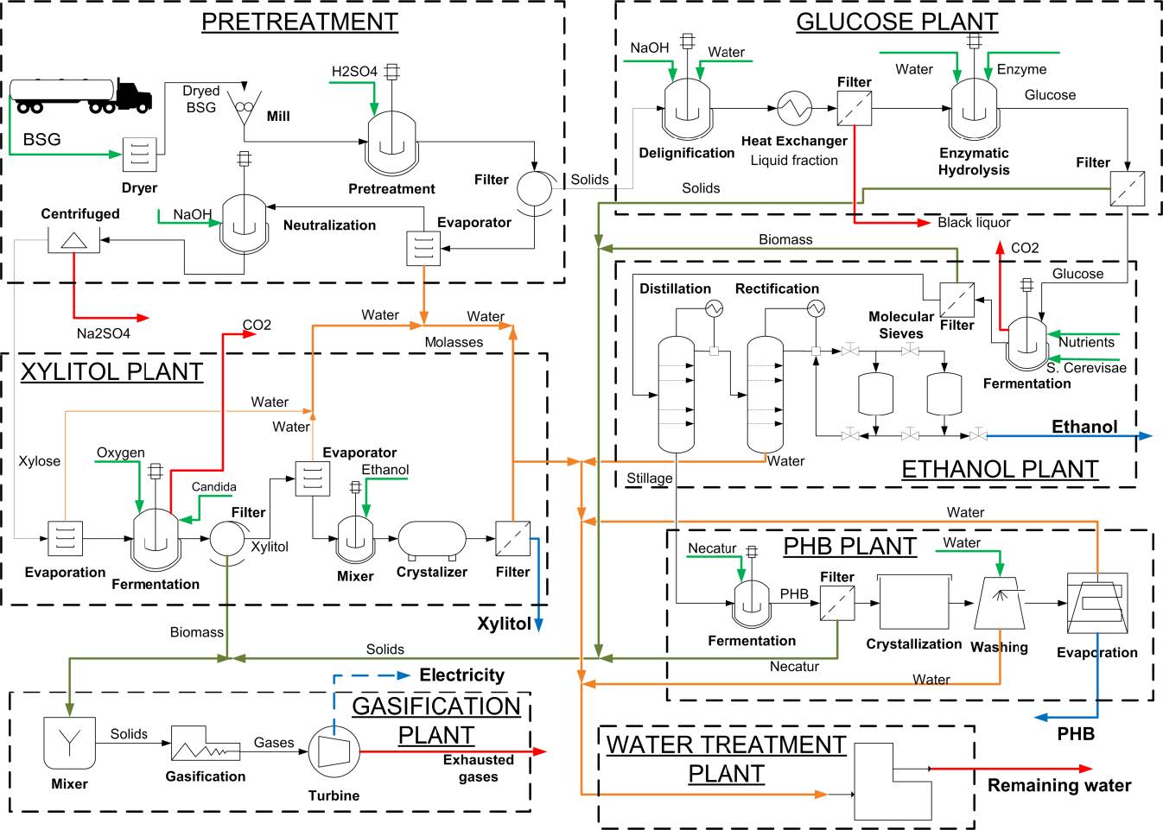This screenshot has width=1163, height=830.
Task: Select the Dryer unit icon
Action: click(139, 155)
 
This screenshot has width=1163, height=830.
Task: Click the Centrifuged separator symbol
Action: click(73, 240)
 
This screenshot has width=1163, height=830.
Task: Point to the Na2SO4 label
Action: click(103, 333)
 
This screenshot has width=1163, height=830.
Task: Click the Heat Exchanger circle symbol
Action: click(794, 109)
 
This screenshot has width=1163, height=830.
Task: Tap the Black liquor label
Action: click(974, 223)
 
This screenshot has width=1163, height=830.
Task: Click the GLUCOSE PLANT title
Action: click(897, 22)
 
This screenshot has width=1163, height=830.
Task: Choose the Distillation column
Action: click(676, 394)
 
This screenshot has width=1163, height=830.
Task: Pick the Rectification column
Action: click(765, 394)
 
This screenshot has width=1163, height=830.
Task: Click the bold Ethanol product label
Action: click(1084, 427)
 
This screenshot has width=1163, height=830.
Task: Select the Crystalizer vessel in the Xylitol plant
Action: click(432, 539)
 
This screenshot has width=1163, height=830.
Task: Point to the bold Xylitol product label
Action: click(504, 624)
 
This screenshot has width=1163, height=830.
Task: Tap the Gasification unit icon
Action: click(205, 744)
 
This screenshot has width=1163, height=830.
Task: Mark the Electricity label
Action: click(461, 675)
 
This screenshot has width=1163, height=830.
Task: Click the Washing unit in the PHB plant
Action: click(999, 603)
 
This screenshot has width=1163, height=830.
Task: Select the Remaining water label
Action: click(1059, 785)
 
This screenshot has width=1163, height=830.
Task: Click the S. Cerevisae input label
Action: click(1086, 368)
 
